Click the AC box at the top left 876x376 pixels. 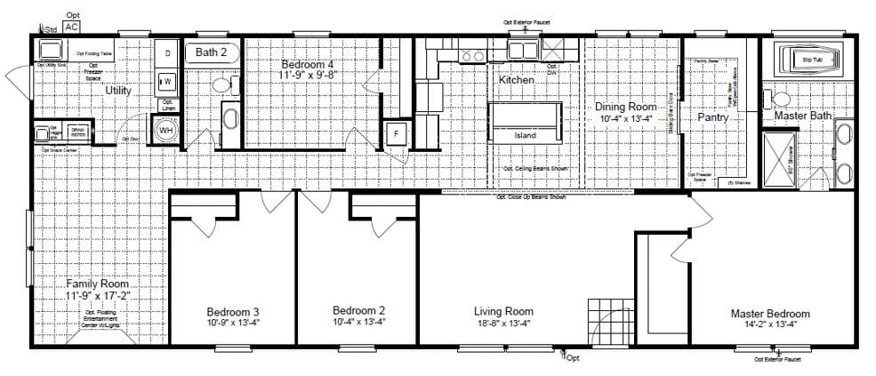pos(73,27)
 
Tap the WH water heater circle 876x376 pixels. pos(165,131)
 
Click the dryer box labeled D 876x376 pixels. pos(166,53)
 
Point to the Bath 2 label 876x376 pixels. pos(212,52)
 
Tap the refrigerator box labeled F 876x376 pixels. pos(395,133)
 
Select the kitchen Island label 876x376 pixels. pos(526,135)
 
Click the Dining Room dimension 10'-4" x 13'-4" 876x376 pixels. pos(627,117)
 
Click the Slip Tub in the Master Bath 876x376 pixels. pos(811,60)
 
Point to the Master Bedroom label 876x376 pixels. pos(769,314)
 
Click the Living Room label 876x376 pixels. pos(503,311)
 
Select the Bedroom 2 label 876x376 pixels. pos(358,310)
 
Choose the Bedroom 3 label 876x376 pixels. pos(232,312)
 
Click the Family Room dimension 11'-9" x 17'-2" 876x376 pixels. pos(97,294)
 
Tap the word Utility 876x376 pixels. pos(118,91)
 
